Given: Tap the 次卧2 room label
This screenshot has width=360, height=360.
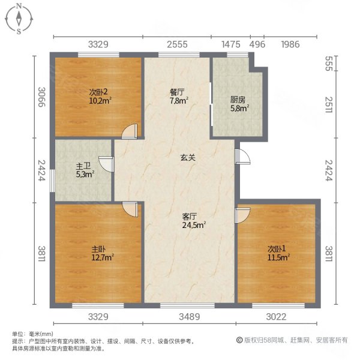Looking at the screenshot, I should coord(98,92).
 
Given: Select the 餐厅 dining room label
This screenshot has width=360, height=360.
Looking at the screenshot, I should coord(176,92).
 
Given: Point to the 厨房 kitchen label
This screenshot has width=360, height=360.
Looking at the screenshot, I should coord(239,100).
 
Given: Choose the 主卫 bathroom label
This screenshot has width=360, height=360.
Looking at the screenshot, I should coord(83,167).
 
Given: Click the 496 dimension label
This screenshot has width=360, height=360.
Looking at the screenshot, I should coord(257,44).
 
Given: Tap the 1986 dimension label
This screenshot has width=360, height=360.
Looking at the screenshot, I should coord(290,44).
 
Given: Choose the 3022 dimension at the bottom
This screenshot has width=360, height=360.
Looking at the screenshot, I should coord(277,316).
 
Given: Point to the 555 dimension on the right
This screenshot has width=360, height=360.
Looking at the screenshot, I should coord(328,64).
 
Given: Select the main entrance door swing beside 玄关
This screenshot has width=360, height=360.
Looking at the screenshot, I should coord(242,155).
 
